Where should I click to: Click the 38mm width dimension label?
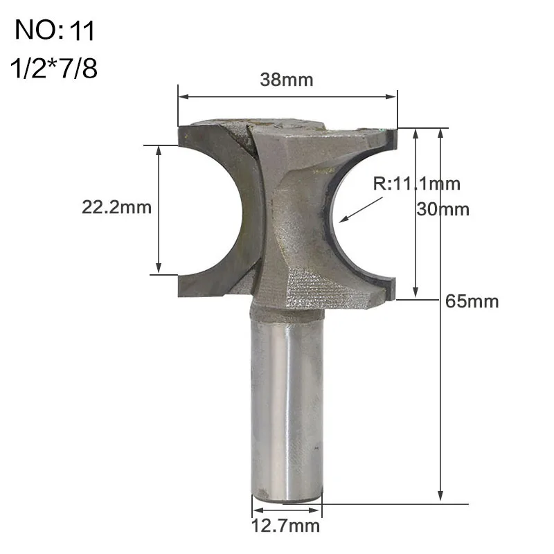coord(287,80)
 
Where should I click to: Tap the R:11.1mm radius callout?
coord(417,184)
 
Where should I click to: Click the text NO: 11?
coord(55,31)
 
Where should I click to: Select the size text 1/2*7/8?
coord(55,70)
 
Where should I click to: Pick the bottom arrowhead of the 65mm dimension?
coord(440,494)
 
